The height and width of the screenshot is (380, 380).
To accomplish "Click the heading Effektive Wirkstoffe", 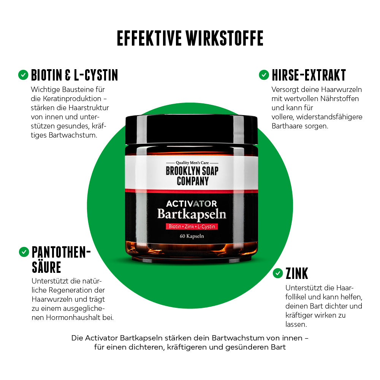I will tap(190, 38).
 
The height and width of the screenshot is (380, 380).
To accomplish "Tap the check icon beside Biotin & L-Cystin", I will tap(23, 75).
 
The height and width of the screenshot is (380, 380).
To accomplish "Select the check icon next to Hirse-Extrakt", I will tap(264, 75).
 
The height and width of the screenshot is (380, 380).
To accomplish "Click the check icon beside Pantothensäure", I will tap(24, 251).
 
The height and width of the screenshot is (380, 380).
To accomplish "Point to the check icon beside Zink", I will tap(278, 273).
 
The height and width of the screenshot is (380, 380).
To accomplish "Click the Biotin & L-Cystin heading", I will tap(74, 75).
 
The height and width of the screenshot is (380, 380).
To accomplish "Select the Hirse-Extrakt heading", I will tap(309, 75).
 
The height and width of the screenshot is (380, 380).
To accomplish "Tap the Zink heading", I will tap(297, 273).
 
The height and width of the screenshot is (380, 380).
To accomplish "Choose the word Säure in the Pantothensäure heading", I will tap(46, 267).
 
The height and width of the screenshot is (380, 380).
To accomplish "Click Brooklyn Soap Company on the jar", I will tap(192, 175).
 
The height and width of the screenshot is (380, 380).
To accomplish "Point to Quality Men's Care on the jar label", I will tap(192, 163).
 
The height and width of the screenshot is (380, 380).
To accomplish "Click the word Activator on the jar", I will tap(192, 204).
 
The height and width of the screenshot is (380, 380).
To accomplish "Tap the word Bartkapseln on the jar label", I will tap(192, 214).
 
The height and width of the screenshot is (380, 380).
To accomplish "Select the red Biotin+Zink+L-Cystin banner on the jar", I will tap(192, 226).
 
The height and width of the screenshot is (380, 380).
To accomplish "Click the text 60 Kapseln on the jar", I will tap(192, 236).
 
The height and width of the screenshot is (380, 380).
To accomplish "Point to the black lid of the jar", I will tap(192, 129).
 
